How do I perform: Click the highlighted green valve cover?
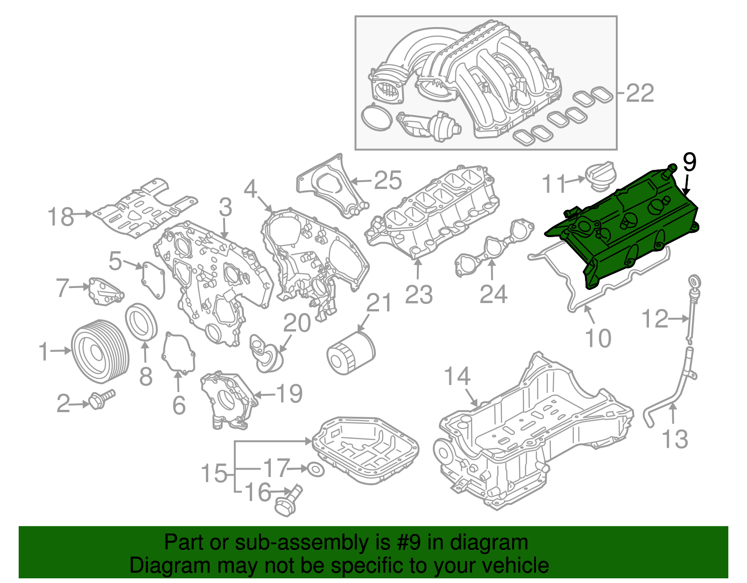(x=626, y=229)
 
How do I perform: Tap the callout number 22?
(x=640, y=93)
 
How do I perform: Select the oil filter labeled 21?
(x=350, y=353)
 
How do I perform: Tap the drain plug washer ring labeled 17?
(x=316, y=470)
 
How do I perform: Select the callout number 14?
(x=457, y=376)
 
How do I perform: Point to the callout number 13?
(x=675, y=439)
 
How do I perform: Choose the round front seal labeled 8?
(x=141, y=322)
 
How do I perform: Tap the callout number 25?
(x=388, y=180)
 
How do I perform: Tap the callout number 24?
(x=493, y=294)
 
